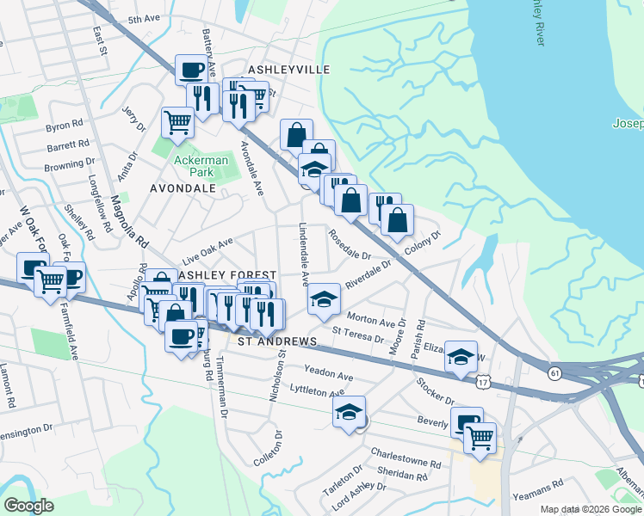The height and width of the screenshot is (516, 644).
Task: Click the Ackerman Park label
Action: click(x=201, y=166)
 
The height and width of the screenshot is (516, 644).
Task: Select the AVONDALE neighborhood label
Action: click(x=183, y=187)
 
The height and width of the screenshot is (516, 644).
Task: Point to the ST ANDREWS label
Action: click(x=277, y=341)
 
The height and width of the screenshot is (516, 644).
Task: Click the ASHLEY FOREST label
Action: click(x=227, y=274)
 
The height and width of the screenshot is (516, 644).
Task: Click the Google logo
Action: click(x=28, y=506)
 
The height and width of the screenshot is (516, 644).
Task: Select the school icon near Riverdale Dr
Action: click(x=324, y=299)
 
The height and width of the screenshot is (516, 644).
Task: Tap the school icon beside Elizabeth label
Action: click(x=461, y=356)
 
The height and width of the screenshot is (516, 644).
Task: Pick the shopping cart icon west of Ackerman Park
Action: click(x=177, y=120)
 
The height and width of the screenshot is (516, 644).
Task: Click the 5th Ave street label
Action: click(x=145, y=19)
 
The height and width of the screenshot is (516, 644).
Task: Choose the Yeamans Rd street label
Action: click(x=537, y=495)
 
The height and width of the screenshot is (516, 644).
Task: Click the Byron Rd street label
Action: click(x=64, y=126)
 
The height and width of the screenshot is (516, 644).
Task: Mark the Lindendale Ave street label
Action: click(x=303, y=255)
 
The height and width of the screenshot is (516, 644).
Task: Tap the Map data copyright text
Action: click(x=591, y=509)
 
